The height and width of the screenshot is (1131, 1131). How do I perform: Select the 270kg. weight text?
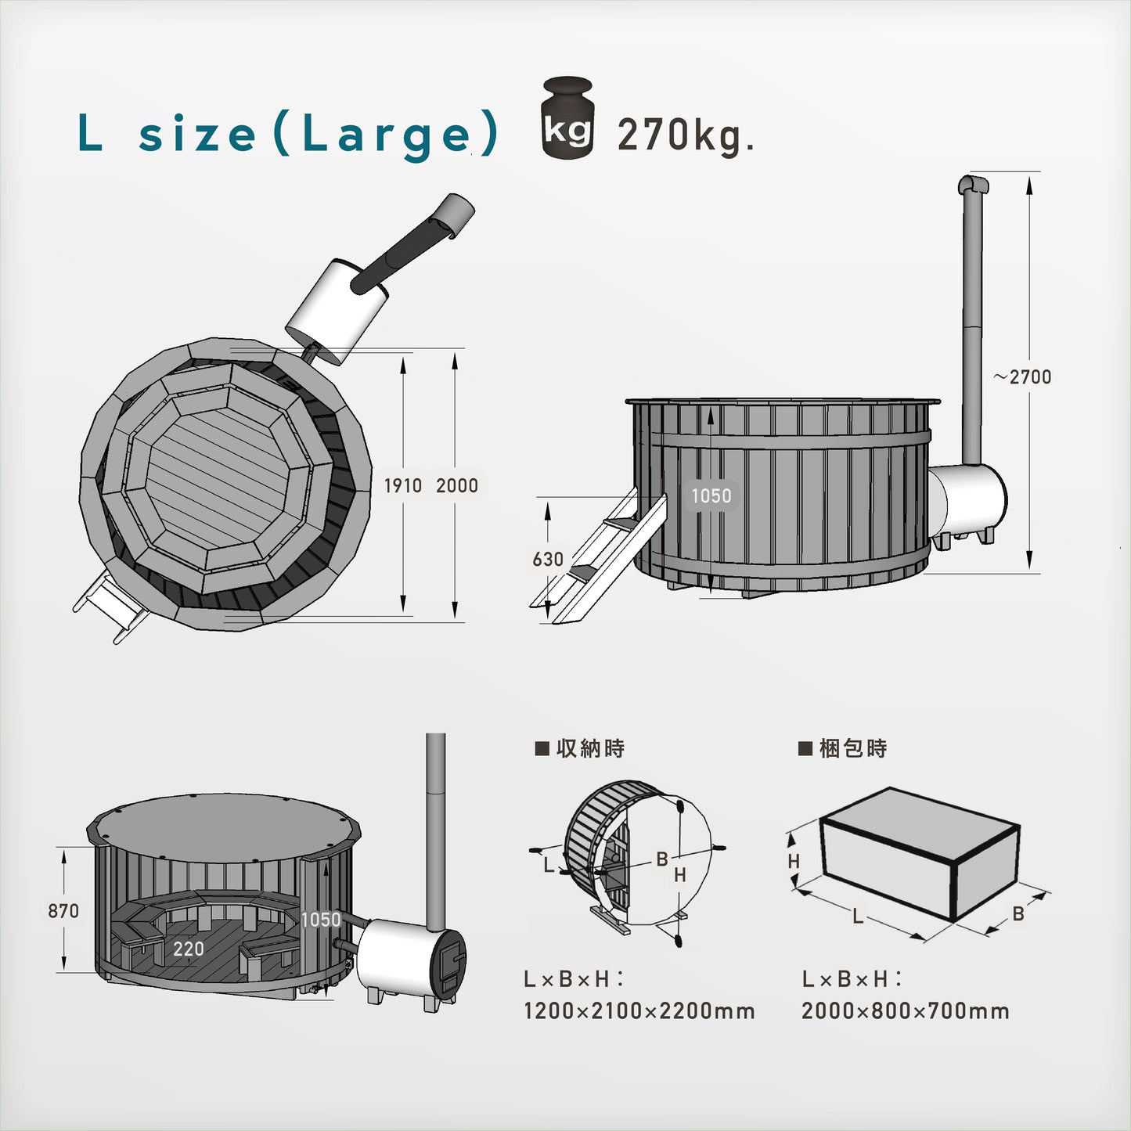click(685, 135)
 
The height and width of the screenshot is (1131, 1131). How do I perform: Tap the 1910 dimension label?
click(402, 486)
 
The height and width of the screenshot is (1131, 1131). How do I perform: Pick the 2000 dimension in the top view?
click(456, 486)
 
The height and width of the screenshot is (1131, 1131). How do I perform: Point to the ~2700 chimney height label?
click(1023, 377)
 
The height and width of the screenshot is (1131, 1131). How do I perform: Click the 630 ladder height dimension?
click(548, 560)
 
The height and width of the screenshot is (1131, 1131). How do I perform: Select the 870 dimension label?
click(63, 911)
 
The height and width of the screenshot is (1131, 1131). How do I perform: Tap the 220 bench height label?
click(189, 949)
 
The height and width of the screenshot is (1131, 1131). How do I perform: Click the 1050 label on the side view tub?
click(711, 496)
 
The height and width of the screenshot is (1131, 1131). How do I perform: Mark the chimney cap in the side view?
click(973, 185)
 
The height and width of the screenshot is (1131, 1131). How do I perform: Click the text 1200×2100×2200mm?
click(639, 1011)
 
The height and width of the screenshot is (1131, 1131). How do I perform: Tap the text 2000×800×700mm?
click(905, 1011)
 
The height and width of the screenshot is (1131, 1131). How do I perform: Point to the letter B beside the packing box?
click(1018, 913)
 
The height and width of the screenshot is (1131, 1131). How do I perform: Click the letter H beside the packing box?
click(794, 862)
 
